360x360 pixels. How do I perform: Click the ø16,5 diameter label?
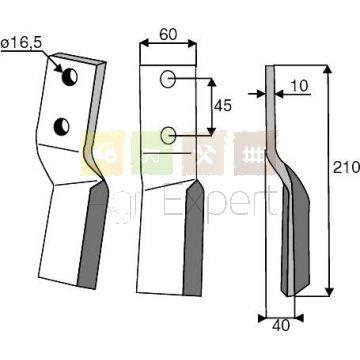[21, 44]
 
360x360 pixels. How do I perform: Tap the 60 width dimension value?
[168, 34]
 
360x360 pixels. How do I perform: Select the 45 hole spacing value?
[222, 106]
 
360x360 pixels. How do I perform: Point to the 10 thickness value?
[300, 86]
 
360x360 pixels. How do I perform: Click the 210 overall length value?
[346, 167]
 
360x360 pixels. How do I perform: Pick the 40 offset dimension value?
[281, 326]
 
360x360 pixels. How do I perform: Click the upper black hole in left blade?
[70, 77]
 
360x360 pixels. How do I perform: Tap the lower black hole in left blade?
[62, 127]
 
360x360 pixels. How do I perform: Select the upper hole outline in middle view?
[167, 79]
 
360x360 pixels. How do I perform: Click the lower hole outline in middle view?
[168, 136]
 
